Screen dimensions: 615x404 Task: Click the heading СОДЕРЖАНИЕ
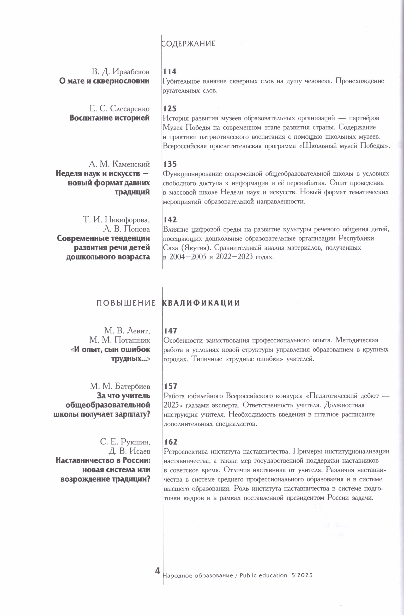coord(188,44)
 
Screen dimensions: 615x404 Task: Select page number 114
coord(170,71)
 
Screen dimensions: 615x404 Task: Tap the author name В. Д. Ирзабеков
coord(121,71)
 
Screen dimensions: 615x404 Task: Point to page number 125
coord(170,109)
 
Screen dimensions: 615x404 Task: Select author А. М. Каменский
coord(119,164)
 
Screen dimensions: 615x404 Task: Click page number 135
coord(170,164)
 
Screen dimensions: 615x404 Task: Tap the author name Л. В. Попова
coord(127,229)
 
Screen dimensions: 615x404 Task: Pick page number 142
coord(170,220)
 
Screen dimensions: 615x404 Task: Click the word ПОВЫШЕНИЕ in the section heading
coord(126,303)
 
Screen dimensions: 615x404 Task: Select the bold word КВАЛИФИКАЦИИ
coord(201,303)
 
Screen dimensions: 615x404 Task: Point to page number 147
coord(170,331)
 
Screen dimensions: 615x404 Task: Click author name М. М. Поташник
coord(120,340)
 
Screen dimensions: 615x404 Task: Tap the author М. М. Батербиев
coord(120,386)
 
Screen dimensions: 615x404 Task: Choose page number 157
coord(170,386)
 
